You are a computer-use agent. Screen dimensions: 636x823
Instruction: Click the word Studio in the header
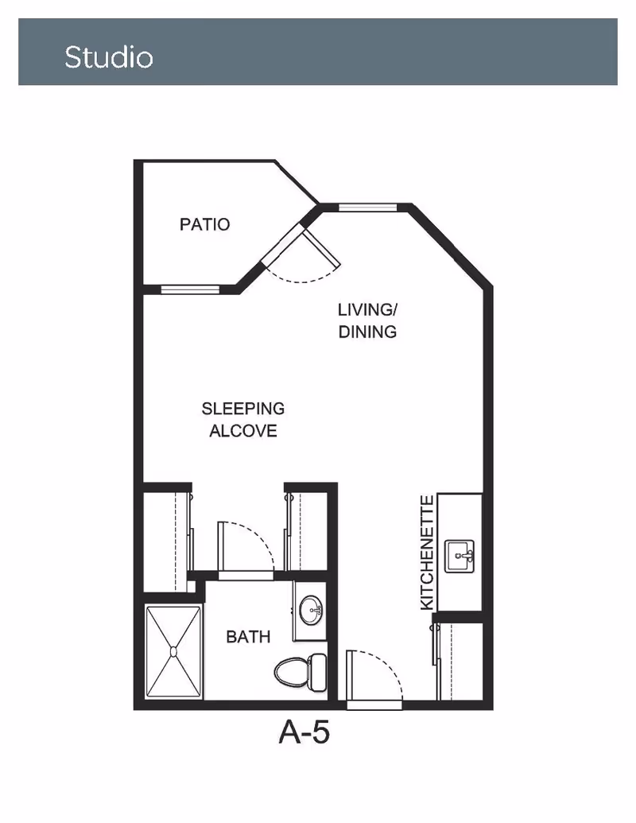(x=109, y=56)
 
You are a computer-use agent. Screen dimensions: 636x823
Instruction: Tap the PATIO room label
(x=204, y=224)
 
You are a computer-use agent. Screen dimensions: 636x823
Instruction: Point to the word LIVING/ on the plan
(x=367, y=309)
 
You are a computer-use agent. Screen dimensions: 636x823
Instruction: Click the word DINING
(x=367, y=332)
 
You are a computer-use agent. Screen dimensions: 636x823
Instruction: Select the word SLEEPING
(x=243, y=409)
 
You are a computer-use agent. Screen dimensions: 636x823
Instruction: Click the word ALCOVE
(x=243, y=430)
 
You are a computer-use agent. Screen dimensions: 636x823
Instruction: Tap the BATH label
(x=248, y=637)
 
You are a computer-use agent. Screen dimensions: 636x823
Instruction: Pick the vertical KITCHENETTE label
(x=428, y=553)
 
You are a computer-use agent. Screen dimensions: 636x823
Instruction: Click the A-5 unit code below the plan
(x=304, y=732)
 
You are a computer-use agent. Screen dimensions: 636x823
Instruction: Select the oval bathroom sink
(x=311, y=611)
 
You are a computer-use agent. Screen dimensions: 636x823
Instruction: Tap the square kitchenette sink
(x=460, y=556)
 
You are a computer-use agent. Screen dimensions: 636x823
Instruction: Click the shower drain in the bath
(x=173, y=652)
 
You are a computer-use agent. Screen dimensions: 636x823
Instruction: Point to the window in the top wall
(x=367, y=208)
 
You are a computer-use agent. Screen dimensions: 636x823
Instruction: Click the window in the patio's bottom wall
(x=190, y=289)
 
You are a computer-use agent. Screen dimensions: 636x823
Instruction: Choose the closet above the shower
(x=166, y=542)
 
